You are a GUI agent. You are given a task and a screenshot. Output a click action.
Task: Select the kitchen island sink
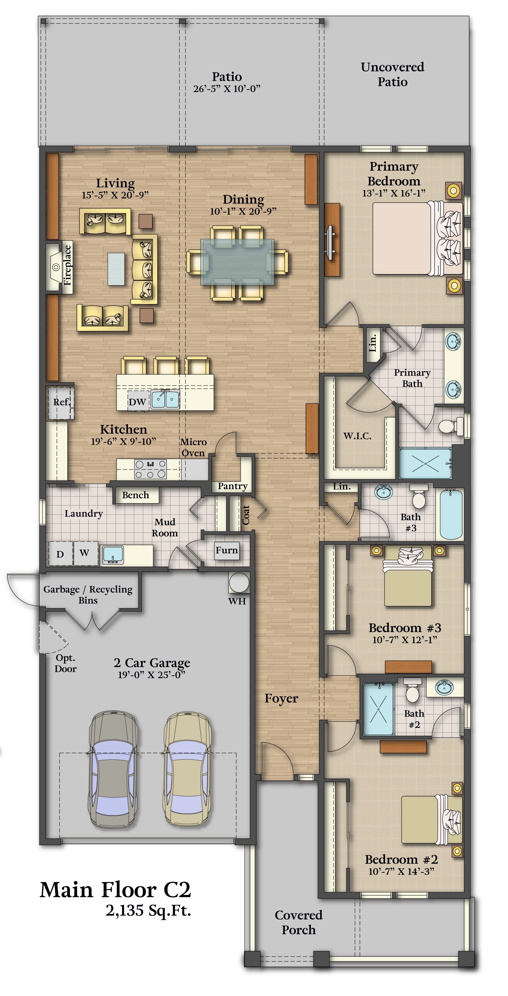pos(165,400)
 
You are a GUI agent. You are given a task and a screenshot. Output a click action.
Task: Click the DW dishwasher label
pos(137,402)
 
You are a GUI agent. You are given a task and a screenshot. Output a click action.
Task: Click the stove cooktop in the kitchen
pos(150,469)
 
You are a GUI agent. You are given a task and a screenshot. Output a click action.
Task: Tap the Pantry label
pos(232,486)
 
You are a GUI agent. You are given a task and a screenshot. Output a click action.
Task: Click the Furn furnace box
pos(226,550)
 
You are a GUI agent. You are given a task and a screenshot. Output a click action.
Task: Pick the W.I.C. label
pos(357,436)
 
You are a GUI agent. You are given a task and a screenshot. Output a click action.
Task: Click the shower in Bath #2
pos(379,709)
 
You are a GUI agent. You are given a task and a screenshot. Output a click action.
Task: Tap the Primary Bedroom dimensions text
pos(394,193)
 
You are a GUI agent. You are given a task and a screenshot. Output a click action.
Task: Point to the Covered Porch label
pos(299,922)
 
